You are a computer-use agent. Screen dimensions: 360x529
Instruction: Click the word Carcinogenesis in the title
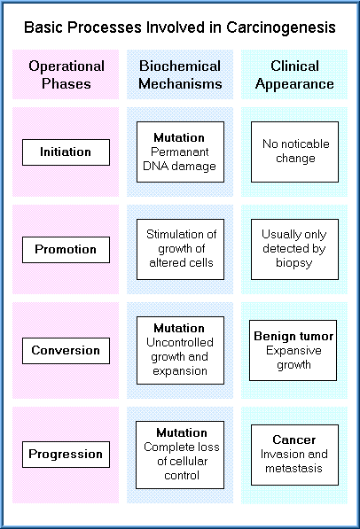pos(280,28)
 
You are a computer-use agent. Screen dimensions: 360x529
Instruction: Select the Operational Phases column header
pos(67,74)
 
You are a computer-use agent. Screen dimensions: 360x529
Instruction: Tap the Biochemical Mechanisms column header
pos(180,74)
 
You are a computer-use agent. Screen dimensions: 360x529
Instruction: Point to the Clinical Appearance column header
pos(294,74)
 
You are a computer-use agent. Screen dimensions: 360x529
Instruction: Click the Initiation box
pos(67,152)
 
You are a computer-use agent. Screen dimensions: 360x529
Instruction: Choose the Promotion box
pos(67,250)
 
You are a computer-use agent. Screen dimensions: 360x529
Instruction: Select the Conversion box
pos(67,351)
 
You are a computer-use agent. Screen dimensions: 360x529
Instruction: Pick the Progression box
pos(67,454)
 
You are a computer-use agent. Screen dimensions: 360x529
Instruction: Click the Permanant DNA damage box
pos(180,152)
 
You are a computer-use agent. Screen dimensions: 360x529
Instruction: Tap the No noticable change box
pos(294,152)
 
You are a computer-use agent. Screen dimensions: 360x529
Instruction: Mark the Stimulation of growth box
pos(180,249)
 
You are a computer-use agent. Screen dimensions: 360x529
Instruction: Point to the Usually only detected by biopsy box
pos(294,249)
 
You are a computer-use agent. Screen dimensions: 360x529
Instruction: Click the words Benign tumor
pos(293,336)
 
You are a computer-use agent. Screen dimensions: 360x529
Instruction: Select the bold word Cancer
pos(294,440)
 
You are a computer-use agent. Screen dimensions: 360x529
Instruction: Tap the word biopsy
pos(293,263)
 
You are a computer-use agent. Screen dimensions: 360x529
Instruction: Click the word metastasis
pos(293,468)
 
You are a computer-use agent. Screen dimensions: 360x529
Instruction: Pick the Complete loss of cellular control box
pos(180,455)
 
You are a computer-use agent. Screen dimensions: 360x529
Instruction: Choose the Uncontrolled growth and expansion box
pos(180,350)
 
